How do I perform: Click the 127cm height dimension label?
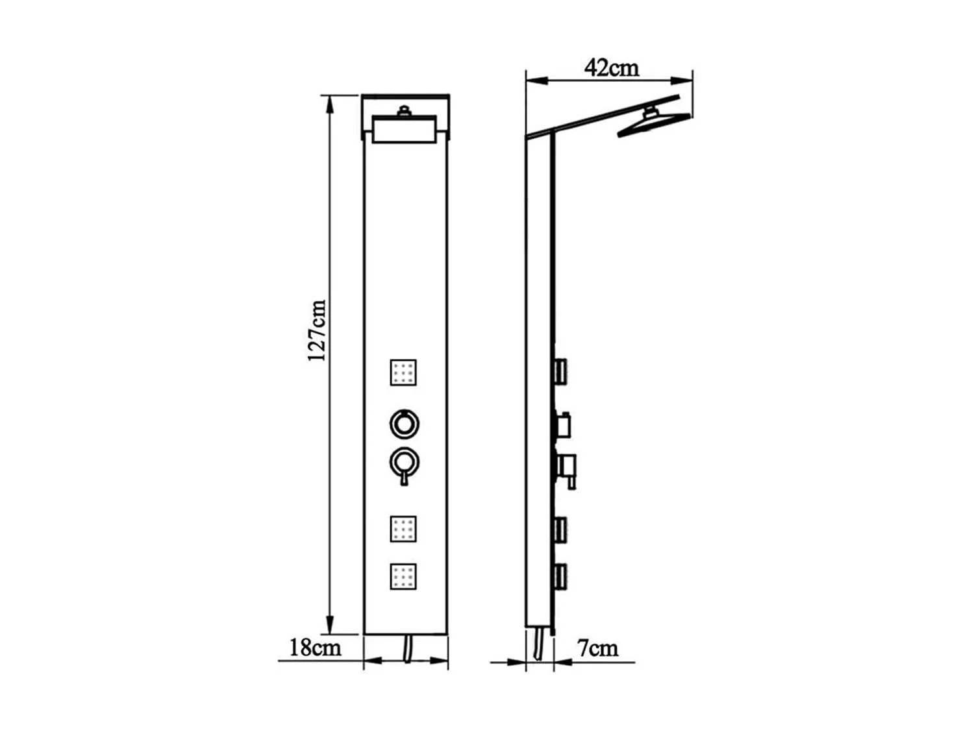coord(317,330)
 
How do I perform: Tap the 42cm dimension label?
coord(611,67)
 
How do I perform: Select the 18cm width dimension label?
coord(315,647)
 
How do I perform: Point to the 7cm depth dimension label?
coord(597,647)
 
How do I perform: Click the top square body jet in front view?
coord(403,372)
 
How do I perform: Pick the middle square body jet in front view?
coord(403,529)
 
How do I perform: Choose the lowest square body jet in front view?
coord(403,577)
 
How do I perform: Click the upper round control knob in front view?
coord(404,424)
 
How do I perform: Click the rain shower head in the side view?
coord(652,123)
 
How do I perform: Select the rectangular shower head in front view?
coord(403,129)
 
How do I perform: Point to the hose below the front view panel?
coord(407,648)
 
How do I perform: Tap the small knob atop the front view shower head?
coord(404,111)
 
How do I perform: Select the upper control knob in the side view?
coord(562,424)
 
